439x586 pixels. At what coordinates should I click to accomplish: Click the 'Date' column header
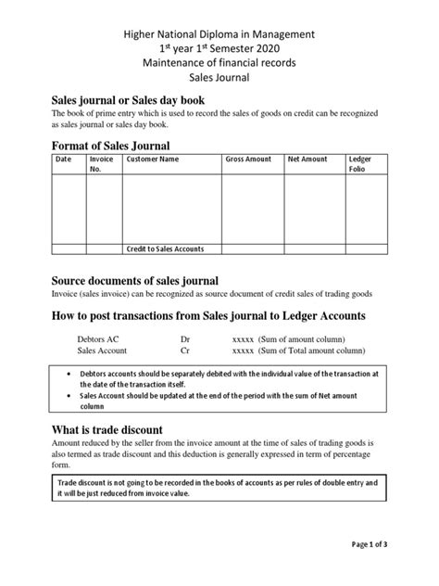coord(64,159)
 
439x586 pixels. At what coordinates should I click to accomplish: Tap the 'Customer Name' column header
coord(153,159)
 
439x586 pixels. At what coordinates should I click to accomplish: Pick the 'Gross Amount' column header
coord(249,159)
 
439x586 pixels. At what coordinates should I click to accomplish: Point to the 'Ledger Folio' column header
coord(359,164)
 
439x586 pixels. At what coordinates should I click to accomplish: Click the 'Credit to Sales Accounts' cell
coord(165,249)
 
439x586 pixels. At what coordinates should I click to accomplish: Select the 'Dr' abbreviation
coord(185,339)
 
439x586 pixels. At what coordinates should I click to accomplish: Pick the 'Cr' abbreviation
coord(184,351)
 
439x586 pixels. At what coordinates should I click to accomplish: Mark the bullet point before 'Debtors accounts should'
coord(72,372)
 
